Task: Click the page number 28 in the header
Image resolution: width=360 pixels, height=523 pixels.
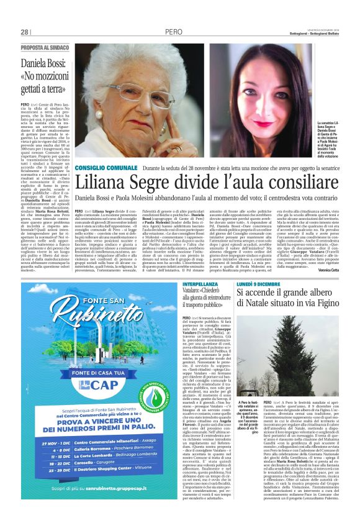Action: (25, 32)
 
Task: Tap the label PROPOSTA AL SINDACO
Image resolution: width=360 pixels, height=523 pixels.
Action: (44, 47)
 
